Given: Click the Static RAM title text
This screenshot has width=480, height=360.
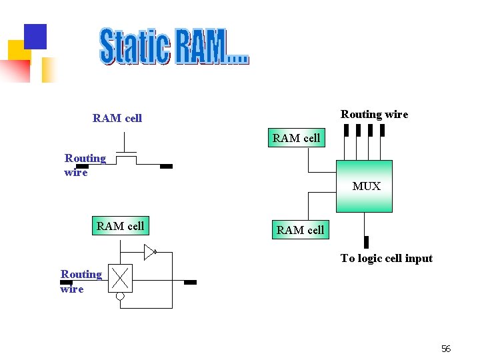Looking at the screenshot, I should coord(174,46).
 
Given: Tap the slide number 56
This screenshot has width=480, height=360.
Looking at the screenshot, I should coord(446,349).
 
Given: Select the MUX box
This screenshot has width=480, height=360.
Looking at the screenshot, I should coord(364,186).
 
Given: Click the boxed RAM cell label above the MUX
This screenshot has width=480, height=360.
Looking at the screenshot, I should coord(296,138).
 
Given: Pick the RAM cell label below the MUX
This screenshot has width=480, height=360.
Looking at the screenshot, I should coord(300,230).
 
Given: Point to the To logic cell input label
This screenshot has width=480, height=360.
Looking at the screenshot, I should coord(386,258).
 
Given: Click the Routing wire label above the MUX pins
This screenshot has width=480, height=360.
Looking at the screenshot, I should coord(374,114).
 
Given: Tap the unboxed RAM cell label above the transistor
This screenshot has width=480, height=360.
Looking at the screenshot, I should coord(117,118).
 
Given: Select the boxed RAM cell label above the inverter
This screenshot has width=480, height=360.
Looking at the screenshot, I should coord(120,226).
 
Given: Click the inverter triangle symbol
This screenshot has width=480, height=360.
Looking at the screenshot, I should coord(150,252).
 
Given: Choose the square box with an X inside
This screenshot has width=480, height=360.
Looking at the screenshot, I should coord(121,278).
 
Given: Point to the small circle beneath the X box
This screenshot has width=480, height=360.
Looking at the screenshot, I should coord(121,297).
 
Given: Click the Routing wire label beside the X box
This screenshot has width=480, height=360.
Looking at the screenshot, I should coord(81,281).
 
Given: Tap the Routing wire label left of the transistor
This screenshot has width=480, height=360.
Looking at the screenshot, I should coord(85,165).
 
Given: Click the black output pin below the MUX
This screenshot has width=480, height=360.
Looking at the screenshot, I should coord(366,241).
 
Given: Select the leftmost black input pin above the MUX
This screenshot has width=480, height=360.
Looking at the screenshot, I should coord(346,130).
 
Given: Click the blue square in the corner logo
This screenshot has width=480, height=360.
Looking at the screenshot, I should coord(35,37).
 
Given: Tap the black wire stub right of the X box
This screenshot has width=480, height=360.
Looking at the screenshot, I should coord(190,283).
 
